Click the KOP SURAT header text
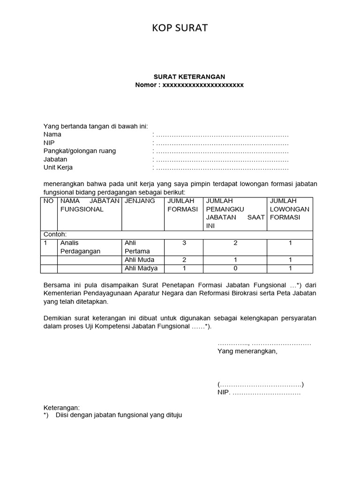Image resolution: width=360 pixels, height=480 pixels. [180, 29]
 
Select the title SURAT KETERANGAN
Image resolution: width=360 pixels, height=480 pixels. [189, 76]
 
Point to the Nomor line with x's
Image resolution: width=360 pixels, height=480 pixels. [189, 85]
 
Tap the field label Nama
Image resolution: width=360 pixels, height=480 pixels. [52, 135]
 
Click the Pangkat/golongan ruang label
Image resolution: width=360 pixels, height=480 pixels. [80, 151]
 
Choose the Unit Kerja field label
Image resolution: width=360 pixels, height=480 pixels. [58, 168]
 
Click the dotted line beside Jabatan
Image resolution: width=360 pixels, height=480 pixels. [222, 159]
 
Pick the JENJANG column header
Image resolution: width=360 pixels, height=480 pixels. [139, 201]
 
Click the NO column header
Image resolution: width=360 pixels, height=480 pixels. [48, 201]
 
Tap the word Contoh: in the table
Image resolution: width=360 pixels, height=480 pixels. [55, 234]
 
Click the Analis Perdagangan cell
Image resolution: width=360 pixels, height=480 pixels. [80, 247]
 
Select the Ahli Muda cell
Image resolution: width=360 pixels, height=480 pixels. [139, 260]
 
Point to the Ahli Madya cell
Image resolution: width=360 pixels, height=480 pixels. [141, 269]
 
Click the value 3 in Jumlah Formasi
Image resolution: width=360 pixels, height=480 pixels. [184, 243]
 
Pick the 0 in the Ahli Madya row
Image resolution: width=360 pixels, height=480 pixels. [235, 269]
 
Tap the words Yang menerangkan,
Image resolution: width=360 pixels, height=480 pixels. [247, 351]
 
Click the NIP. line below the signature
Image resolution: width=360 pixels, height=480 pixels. [259, 393]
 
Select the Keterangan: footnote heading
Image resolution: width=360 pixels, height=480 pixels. [62, 408]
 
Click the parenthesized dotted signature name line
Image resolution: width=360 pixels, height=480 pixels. [261, 385]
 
